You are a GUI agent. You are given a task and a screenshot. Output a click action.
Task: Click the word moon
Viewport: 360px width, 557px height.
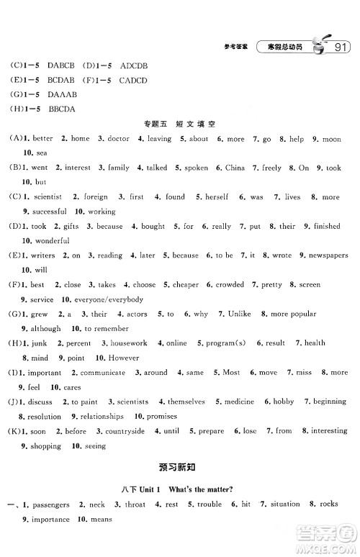pyautogui.click(x=331, y=139)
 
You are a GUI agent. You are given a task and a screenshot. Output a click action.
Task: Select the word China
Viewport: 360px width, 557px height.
pyautogui.click(x=235, y=168)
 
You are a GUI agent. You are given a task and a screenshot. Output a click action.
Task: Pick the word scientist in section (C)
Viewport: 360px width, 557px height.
pyautogui.click(x=47, y=196)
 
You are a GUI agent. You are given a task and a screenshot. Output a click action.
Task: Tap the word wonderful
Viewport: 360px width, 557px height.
pyautogui.click(x=51, y=240)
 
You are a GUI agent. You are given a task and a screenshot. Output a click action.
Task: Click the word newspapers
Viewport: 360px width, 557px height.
pyautogui.click(x=328, y=255)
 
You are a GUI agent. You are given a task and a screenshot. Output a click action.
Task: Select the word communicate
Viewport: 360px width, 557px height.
pyautogui.click(x=102, y=373)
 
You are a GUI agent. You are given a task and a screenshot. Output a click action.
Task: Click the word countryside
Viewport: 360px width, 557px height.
pyautogui.click(x=120, y=431)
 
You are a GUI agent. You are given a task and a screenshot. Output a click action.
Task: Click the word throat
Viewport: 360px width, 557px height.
pyautogui.click(x=135, y=504)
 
